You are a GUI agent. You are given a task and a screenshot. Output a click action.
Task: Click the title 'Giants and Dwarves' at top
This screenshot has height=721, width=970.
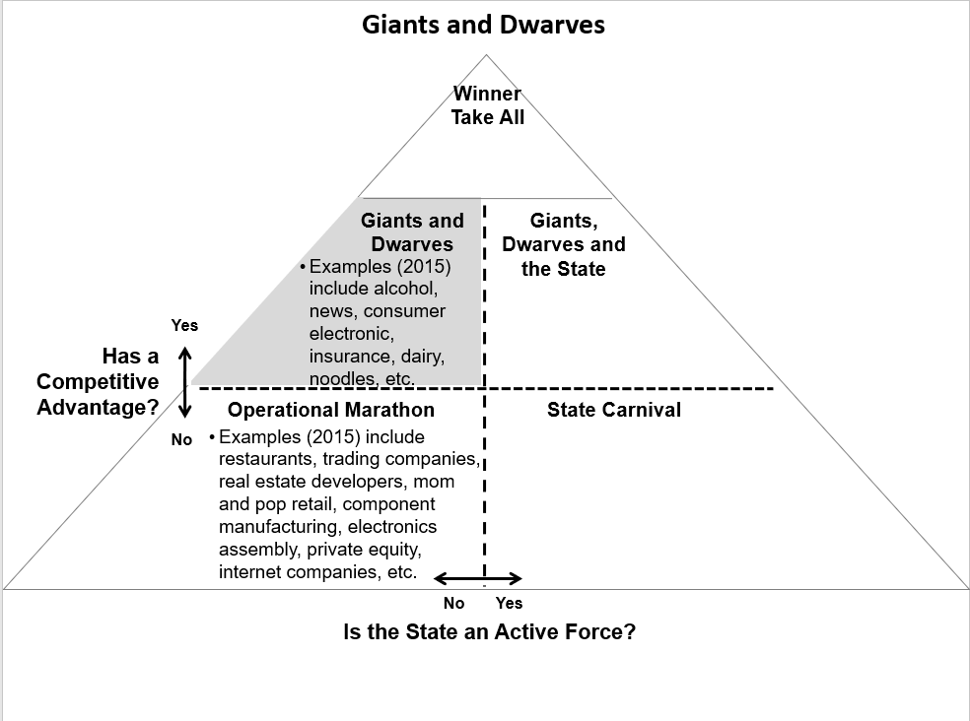click(483, 25)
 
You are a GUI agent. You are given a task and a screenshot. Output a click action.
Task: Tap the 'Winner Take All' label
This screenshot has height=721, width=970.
click(488, 105)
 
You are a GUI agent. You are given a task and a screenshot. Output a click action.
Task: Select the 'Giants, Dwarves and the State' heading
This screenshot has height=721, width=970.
click(564, 244)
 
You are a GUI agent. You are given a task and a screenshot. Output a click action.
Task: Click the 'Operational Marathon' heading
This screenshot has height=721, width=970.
click(331, 410)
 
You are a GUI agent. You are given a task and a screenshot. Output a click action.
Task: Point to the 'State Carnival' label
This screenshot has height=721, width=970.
click(614, 410)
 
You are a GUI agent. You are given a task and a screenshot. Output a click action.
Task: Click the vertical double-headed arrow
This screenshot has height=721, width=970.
click(185, 382)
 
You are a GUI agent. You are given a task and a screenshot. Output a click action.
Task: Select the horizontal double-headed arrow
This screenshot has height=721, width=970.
click(477, 579)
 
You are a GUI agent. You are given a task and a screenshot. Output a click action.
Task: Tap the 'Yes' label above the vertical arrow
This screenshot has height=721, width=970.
click(184, 325)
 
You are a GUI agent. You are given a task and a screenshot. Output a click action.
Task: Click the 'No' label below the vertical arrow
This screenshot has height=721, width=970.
click(181, 439)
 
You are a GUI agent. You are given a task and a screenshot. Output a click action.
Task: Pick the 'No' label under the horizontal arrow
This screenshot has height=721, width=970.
click(453, 603)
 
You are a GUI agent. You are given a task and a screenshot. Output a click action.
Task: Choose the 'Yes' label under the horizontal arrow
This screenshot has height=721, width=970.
click(509, 603)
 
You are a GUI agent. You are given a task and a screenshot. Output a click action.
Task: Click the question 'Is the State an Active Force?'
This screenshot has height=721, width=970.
click(489, 631)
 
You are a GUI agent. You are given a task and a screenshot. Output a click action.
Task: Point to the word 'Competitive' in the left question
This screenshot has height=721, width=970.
click(98, 381)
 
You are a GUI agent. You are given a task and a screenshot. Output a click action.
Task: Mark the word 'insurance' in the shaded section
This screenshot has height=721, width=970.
click(350, 357)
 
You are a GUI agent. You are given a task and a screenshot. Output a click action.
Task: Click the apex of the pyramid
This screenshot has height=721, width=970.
click(486, 55)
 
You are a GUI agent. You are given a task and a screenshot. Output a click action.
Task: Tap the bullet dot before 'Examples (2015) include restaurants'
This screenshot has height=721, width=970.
click(212, 437)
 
